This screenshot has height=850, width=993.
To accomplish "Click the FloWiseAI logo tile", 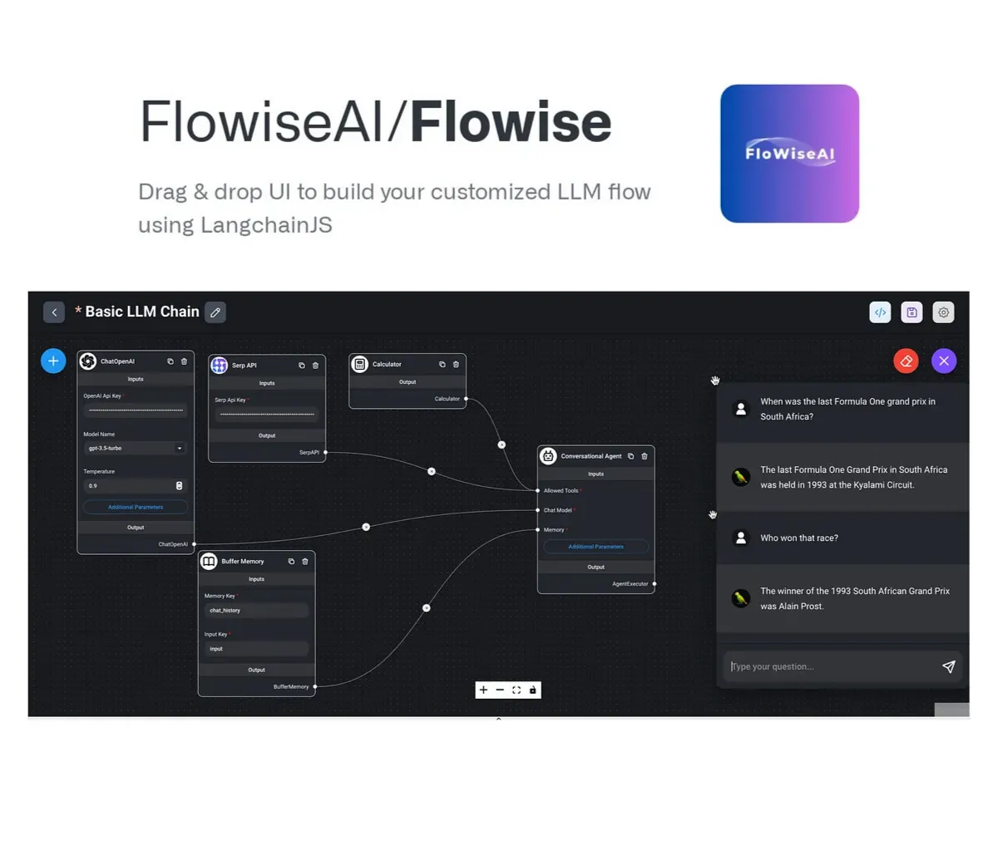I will [789, 154].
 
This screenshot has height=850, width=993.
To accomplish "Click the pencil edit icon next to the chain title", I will [215, 312].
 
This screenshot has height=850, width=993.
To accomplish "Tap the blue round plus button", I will [53, 361].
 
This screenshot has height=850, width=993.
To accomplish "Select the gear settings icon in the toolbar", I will [943, 312].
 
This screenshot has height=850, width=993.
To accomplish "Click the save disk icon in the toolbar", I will [911, 312].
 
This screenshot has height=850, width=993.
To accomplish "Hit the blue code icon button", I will [880, 312].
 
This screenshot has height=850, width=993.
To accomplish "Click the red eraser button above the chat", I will [906, 361].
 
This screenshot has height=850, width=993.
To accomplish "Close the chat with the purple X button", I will [944, 361].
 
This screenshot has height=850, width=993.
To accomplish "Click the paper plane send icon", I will [948, 666].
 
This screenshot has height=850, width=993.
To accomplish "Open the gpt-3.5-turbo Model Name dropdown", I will [135, 449].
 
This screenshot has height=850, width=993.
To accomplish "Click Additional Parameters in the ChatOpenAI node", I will [136, 507].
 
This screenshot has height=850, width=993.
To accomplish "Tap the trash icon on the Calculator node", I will [456, 364].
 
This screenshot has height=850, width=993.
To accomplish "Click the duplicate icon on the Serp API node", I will [301, 366].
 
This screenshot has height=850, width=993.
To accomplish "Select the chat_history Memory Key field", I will [256, 610].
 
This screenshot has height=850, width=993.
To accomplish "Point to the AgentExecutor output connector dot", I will [655, 584].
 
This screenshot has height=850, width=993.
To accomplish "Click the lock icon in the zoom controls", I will [533, 690].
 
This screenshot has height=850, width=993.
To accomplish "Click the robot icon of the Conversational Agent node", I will [548, 456].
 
